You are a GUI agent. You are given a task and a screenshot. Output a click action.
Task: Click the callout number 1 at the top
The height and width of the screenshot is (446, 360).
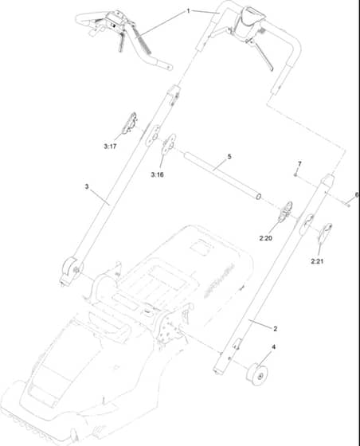[188, 11]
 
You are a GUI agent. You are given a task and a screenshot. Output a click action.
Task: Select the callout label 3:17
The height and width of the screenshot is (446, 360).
[110, 147]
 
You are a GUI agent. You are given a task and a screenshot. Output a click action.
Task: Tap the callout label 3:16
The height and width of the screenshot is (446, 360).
[157, 174]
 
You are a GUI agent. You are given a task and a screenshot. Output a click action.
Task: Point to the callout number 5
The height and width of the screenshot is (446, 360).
[229, 156]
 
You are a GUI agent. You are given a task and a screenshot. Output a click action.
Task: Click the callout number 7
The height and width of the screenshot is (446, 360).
[299, 164]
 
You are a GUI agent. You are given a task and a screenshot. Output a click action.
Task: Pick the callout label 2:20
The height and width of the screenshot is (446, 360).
[265, 238]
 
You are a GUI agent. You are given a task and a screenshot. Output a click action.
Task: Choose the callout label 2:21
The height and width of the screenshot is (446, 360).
[317, 261]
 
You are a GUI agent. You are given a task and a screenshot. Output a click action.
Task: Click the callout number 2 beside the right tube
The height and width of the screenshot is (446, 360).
[275, 328]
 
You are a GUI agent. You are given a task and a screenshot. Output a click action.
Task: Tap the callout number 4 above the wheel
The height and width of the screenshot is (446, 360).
[273, 347]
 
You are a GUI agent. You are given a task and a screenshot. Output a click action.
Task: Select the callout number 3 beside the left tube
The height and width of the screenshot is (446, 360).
[87, 186]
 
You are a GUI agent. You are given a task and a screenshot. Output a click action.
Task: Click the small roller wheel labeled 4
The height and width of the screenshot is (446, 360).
[257, 374]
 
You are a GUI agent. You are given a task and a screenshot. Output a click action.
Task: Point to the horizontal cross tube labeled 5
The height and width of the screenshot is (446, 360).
[222, 176]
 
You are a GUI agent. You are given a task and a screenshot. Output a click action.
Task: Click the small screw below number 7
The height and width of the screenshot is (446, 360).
[295, 175]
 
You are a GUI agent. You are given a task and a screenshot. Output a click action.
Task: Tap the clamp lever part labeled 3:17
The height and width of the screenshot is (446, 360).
[129, 123]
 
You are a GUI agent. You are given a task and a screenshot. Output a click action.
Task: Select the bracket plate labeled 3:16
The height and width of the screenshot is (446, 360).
[169, 144]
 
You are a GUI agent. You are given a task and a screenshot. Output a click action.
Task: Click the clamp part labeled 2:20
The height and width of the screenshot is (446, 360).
[285, 212]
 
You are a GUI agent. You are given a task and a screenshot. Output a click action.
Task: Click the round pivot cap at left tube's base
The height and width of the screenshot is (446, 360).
[71, 269]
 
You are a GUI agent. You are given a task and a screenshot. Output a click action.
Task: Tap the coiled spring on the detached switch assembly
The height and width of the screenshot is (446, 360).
[143, 42]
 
